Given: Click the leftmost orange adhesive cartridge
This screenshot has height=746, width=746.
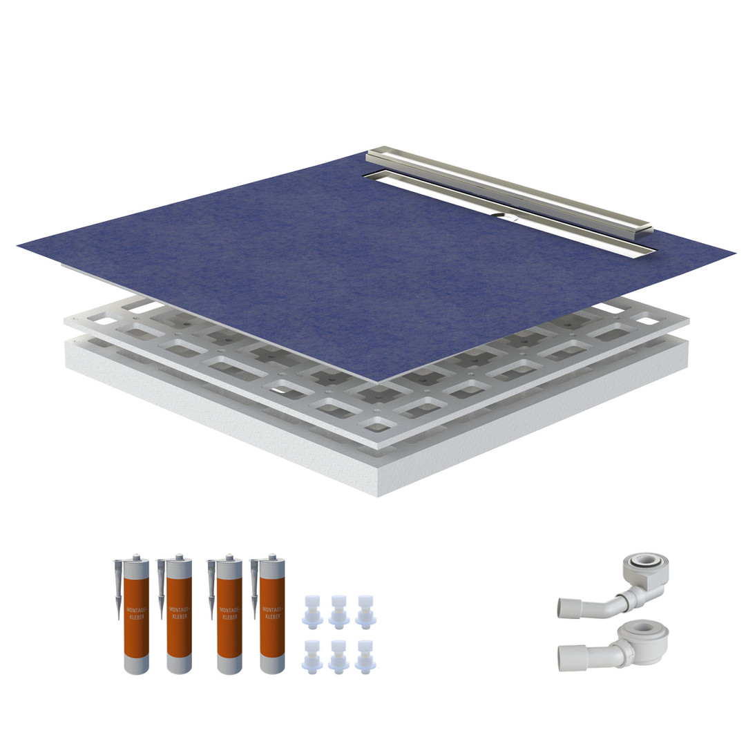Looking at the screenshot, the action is pyautogui.click(x=136, y=615).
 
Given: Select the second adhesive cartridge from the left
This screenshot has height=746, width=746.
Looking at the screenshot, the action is pyautogui.click(x=180, y=615).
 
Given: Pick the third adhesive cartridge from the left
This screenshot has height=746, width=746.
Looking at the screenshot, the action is pyautogui.click(x=229, y=615).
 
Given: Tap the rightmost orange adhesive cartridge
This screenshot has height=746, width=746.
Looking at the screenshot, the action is pyautogui.click(x=272, y=615).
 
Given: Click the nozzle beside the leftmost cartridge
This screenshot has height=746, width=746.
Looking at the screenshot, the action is pyautogui.click(x=117, y=589).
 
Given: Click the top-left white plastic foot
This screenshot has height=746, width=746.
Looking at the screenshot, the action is pyautogui.click(x=312, y=611).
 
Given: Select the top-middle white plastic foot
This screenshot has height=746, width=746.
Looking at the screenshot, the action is pyautogui.click(x=338, y=611).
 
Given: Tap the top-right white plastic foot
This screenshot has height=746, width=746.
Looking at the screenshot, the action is pyautogui.click(x=365, y=611).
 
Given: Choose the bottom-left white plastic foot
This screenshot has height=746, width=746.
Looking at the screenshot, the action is pyautogui.click(x=312, y=657).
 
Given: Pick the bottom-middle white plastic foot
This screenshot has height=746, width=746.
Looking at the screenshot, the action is pyautogui.click(x=338, y=657).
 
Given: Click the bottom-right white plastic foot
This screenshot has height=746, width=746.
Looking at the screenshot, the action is pyautogui.click(x=365, y=657).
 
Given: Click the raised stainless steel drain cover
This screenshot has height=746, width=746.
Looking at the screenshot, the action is pyautogui.click(x=509, y=191).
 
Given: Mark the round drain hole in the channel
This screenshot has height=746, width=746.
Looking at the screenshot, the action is pyautogui.click(x=506, y=216).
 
